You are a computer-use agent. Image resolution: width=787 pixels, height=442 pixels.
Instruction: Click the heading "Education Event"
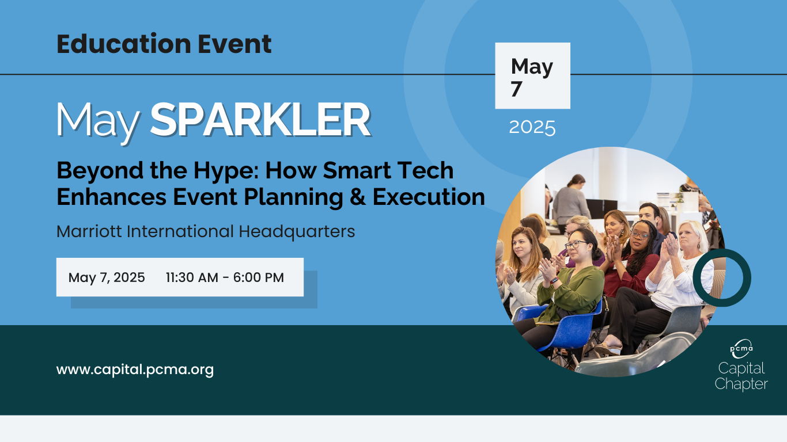coord(164,44)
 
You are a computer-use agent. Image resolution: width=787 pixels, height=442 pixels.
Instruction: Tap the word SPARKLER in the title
coord(260,120)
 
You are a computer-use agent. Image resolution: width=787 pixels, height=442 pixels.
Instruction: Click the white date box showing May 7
coord(532,75)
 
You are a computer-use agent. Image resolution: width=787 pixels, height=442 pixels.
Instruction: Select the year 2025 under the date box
coord(532,127)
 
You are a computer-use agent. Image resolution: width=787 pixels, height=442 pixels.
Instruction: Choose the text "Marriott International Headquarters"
coord(206,232)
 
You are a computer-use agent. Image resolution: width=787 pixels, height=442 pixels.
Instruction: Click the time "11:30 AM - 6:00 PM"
coord(225,277)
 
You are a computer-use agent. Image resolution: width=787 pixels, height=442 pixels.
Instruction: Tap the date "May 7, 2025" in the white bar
coord(107,278)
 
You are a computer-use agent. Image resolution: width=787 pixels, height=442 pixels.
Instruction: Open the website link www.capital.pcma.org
coord(135,369)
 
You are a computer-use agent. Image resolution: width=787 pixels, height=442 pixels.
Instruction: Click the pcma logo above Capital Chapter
coord(741,349)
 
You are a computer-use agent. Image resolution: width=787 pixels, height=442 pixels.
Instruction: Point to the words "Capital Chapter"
coord(741,376)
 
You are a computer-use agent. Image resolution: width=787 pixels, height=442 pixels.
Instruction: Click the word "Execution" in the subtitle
coord(429,197)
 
